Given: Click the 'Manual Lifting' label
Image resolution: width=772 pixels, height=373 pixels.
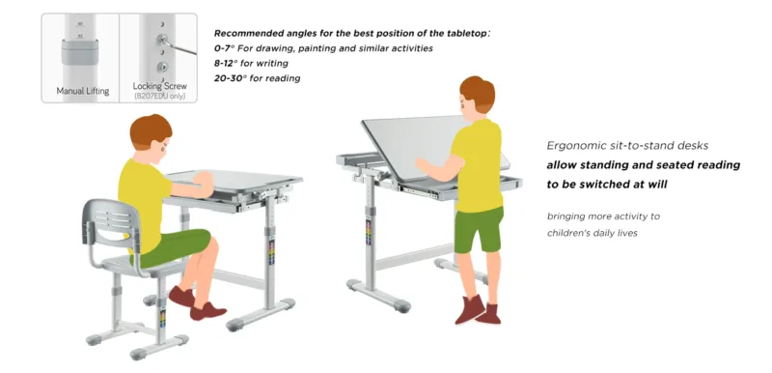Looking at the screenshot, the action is coord(83,91).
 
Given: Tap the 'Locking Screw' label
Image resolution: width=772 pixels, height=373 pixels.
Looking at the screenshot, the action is coord(159,86).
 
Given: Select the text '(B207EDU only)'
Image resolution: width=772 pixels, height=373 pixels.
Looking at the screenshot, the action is coord(159,96).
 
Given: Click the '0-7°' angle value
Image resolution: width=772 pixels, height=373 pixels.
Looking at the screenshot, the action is coord(225,48).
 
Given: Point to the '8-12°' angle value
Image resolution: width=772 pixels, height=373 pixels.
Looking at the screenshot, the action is coord(226,63).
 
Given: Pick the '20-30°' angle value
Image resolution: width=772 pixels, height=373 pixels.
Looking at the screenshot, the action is coord(231,78).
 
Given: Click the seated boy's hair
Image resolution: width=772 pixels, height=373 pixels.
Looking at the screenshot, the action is coord(151,130).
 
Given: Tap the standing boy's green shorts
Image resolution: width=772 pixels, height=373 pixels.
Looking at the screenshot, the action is coord(478,229).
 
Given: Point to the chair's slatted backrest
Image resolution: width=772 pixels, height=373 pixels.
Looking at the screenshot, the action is coord(110,221).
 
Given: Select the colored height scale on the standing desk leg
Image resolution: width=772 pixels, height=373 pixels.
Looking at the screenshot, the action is coord(368,231).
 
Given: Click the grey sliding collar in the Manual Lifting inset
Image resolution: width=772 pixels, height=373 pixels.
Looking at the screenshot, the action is coord(80,52).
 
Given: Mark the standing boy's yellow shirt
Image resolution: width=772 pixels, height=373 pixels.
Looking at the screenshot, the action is coord(478,165).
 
